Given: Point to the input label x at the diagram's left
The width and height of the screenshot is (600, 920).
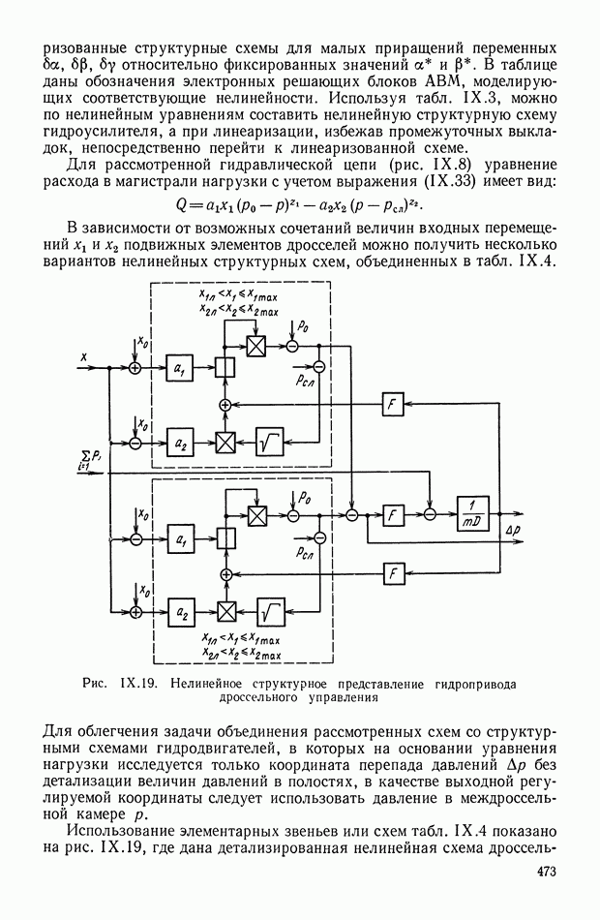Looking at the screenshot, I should coord(84,356).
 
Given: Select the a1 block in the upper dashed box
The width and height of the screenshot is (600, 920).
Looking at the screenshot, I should coord(177,369).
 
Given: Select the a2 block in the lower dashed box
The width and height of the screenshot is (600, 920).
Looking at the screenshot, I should coord(177,612).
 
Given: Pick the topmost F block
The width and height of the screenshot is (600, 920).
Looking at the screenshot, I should coord(393,406).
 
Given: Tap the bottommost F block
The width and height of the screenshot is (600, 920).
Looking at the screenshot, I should coord(393,573).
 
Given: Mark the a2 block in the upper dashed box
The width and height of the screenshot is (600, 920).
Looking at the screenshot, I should coord(177,443).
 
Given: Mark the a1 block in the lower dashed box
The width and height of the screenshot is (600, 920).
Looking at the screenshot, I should coord(177,537).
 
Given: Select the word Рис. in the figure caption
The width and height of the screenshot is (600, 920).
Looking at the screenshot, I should coord(95,683).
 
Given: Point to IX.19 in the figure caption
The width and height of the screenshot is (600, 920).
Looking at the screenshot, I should coord(142,683).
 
